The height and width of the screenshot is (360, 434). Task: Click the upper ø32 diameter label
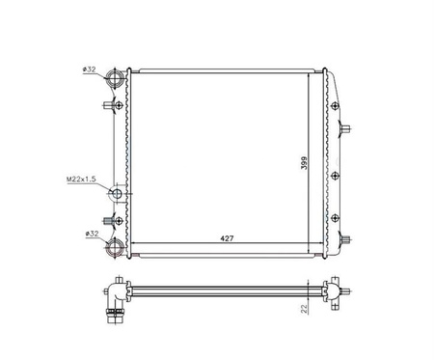point(89,69)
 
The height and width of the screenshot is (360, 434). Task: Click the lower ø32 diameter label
point(92,234)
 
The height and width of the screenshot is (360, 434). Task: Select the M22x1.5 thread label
point(81,180)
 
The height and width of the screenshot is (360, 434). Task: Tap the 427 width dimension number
point(227,238)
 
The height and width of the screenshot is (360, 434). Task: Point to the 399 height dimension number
point(304,163)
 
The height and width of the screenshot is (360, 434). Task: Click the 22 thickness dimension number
point(304,309)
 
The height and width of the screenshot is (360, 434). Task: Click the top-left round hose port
point(115,77)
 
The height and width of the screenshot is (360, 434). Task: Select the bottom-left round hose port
point(115,247)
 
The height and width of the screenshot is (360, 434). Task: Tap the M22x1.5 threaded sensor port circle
point(117,194)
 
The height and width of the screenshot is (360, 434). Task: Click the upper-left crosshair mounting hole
point(119,105)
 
